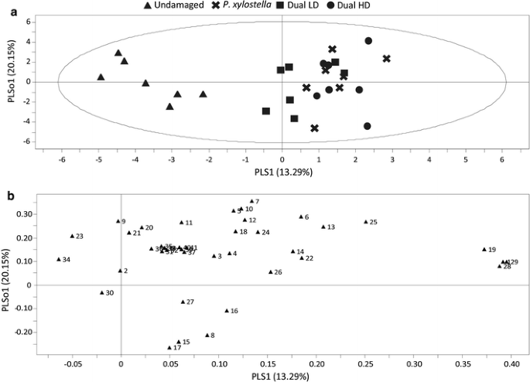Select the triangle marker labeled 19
click(484, 250)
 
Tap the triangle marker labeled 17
click(169, 348)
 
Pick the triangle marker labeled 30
click(102, 293)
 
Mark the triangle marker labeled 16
click(227, 311)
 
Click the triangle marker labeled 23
click(72, 236)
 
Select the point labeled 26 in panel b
click(271, 272)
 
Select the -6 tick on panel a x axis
click(61, 159)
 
